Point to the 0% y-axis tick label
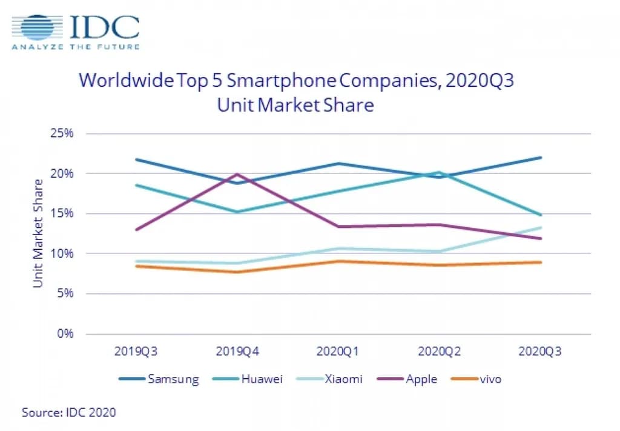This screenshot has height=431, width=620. (x=64, y=333)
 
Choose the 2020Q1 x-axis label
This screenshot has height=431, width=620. (x=338, y=352)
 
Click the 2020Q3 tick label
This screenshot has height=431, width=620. (x=540, y=352)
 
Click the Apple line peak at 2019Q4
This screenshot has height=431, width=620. (x=237, y=175)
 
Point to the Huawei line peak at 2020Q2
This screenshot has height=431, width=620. (x=440, y=172)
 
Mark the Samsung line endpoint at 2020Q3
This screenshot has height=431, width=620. (x=541, y=158)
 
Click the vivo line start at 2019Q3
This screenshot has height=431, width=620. (x=136, y=266)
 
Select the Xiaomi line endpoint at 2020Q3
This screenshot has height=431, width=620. (x=541, y=228)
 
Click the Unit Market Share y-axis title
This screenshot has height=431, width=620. (x=38, y=233)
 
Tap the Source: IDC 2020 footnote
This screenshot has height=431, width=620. (x=69, y=413)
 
